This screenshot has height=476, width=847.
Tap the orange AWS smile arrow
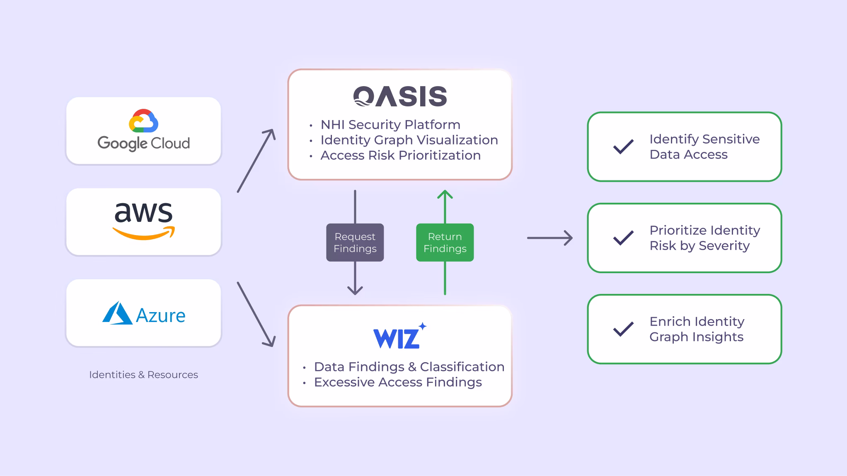tap(143, 233)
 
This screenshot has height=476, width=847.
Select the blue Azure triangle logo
tap(117, 313)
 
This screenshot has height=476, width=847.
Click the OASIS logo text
tap(400, 96)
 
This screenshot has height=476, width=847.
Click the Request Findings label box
tap(355, 243)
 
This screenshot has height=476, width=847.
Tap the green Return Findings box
tap(445, 243)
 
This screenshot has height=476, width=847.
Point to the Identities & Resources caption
tap(143, 375)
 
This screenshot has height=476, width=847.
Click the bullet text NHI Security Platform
tap(390, 125)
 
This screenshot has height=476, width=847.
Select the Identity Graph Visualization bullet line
tap(409, 140)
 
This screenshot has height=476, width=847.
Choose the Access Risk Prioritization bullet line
tap(400, 155)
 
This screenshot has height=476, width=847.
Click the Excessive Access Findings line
tap(398, 382)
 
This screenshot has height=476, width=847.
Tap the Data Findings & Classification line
tap(409, 367)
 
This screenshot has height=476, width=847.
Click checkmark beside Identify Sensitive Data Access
tap(623, 147)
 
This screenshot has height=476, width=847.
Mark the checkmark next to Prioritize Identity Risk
tap(623, 238)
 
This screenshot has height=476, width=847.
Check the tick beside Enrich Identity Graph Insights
tap(623, 329)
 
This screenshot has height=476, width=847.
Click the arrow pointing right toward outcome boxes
tap(549, 238)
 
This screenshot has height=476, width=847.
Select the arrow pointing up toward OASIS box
tap(445, 207)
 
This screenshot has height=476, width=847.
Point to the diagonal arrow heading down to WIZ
tap(256, 315)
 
